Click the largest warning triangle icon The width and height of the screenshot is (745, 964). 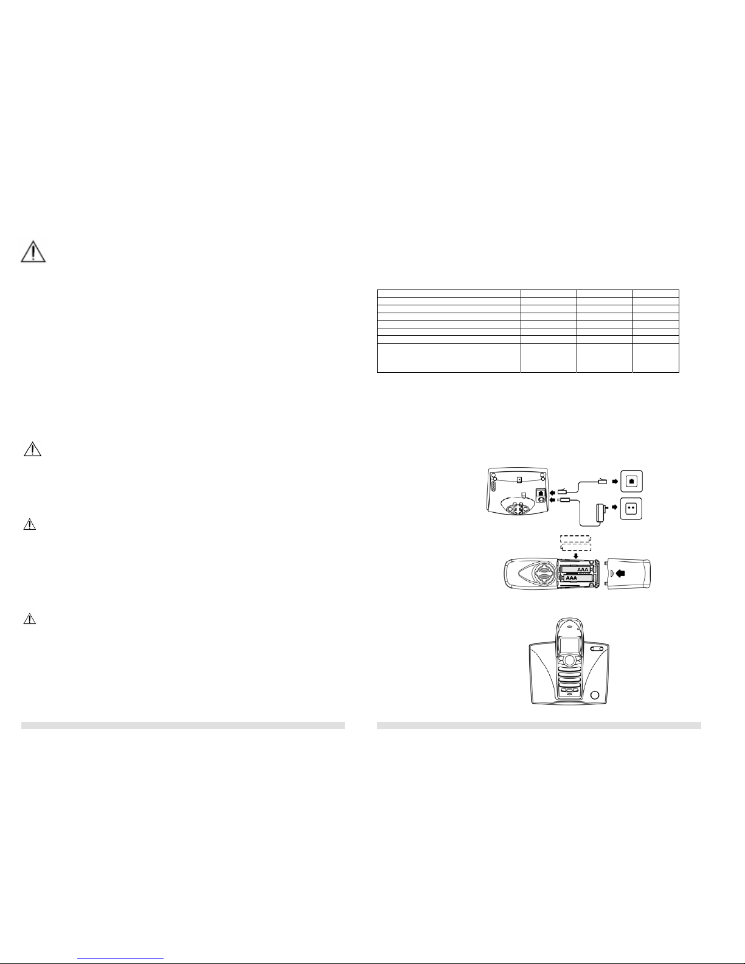click(33, 252)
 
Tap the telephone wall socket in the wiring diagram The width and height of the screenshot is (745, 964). click(631, 481)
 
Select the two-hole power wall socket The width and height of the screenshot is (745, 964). click(631, 509)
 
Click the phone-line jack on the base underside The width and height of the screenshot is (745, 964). click(541, 493)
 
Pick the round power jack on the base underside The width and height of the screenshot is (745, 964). click(541, 499)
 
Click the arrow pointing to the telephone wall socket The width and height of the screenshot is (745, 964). click(614, 481)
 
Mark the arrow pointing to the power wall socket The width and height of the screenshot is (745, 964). click(614, 507)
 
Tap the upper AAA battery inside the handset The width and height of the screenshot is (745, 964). click(575, 569)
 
